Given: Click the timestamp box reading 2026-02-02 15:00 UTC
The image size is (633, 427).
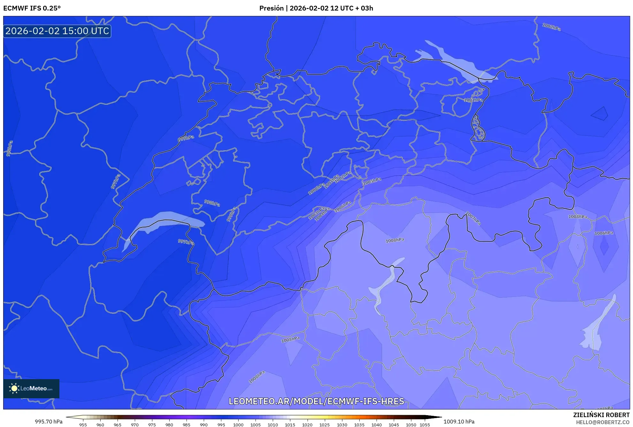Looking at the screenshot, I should pos(57,31).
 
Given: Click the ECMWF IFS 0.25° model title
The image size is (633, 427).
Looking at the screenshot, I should pos(32,8).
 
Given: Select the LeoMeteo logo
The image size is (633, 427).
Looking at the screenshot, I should pos(31,388).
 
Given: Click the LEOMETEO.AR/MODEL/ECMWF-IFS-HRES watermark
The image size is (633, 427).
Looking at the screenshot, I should pos(316,401).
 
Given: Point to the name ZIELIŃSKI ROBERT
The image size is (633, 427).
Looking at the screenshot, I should pos(601,415).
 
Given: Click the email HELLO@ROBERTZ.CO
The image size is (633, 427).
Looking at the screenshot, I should pos(603,422).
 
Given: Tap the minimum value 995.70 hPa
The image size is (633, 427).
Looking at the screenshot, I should pos(49,422).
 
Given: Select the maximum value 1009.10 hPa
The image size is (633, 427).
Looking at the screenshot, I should pos(459,422).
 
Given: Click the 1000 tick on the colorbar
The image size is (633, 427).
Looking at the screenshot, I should pos(238,424).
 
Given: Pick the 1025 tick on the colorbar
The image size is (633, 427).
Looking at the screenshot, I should pos(324,424).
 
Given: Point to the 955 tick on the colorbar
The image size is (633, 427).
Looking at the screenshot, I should pos(83,424).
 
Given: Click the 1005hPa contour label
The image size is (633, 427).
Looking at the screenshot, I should pos(372,181).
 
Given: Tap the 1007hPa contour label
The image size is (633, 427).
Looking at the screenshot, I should pos(473,218).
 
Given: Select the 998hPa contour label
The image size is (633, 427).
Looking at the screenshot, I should pos(212,203).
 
